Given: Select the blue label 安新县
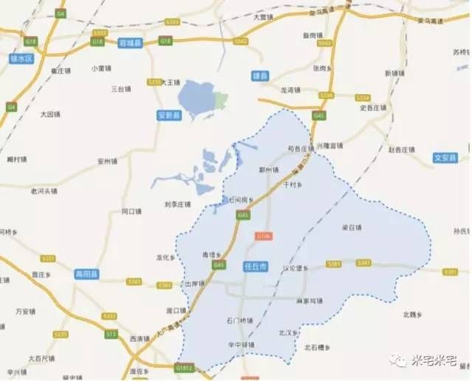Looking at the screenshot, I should [x=169, y=116].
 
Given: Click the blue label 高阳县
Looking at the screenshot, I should [x=87, y=274].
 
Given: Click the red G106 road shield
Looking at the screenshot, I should [x=264, y=236].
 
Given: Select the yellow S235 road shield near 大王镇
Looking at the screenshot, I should [x=153, y=83].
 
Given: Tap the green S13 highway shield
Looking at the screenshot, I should [x=111, y=334].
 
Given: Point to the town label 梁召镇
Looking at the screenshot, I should [x=352, y=227].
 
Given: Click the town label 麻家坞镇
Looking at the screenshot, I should [x=309, y=301].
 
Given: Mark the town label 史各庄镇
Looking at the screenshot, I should [x=373, y=108].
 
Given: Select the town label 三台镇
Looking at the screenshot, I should [x=120, y=88].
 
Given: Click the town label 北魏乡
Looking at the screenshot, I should [x=412, y=315].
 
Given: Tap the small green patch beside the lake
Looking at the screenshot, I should [x=221, y=97].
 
